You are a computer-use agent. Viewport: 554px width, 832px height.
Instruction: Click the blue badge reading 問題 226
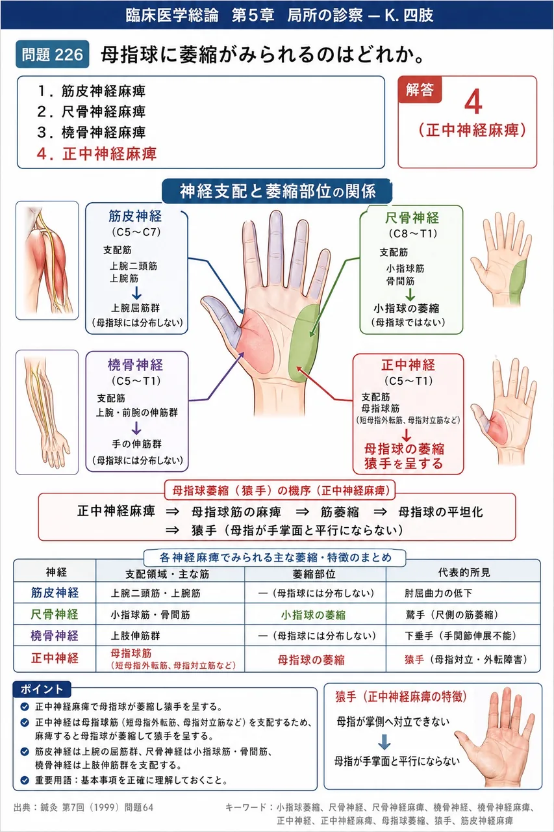[53, 54]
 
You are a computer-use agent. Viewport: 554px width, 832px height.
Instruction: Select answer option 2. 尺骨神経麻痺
[92, 111]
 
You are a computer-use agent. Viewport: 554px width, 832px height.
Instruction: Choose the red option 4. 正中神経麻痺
[97, 153]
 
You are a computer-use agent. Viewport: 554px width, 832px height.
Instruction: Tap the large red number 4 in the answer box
[473, 102]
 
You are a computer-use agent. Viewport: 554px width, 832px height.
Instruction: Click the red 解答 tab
[420, 90]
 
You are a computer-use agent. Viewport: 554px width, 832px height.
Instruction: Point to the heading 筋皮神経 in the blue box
[135, 216]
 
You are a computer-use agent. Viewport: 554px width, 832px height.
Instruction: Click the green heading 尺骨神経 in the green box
[412, 218]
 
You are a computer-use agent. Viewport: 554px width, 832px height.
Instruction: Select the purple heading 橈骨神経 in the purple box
[135, 365]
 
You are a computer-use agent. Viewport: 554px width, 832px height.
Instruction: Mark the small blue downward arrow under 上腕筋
[136, 293]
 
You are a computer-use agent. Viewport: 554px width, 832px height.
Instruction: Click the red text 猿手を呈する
[403, 463]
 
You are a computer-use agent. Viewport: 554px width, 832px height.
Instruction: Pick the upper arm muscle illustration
[47, 261]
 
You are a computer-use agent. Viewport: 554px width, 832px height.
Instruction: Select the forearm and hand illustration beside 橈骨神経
[47, 412]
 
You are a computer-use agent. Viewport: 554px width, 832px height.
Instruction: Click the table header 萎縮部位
[314, 574]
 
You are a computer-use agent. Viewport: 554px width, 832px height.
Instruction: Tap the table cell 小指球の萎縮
[313, 615]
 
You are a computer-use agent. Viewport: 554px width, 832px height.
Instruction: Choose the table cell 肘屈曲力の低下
[438, 593]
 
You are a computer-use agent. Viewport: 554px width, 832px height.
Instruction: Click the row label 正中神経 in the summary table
[55, 658]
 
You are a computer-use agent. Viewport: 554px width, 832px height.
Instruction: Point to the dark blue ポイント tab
[42, 690]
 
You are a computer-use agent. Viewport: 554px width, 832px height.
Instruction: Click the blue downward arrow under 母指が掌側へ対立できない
[384, 742]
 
